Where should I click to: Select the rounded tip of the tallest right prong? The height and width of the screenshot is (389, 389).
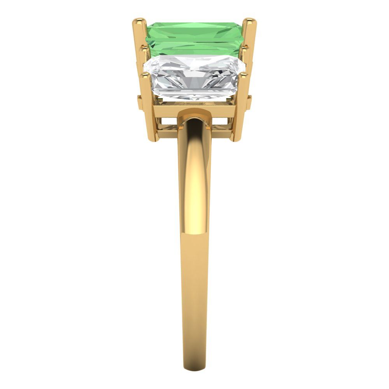tap(249, 22)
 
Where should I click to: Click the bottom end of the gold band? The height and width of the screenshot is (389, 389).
tap(194, 383)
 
